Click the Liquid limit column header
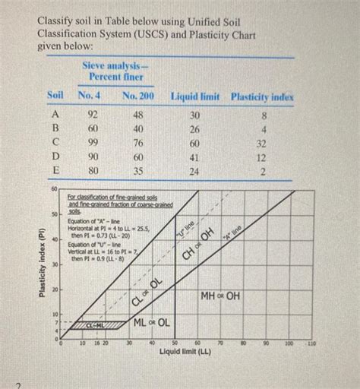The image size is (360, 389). coord(195,97)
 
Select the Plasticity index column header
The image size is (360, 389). coord(262,97)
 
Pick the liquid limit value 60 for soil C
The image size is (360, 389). coord(195,142)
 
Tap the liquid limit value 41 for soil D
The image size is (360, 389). coord(195,157)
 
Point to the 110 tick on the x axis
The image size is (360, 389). coord(312,343)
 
